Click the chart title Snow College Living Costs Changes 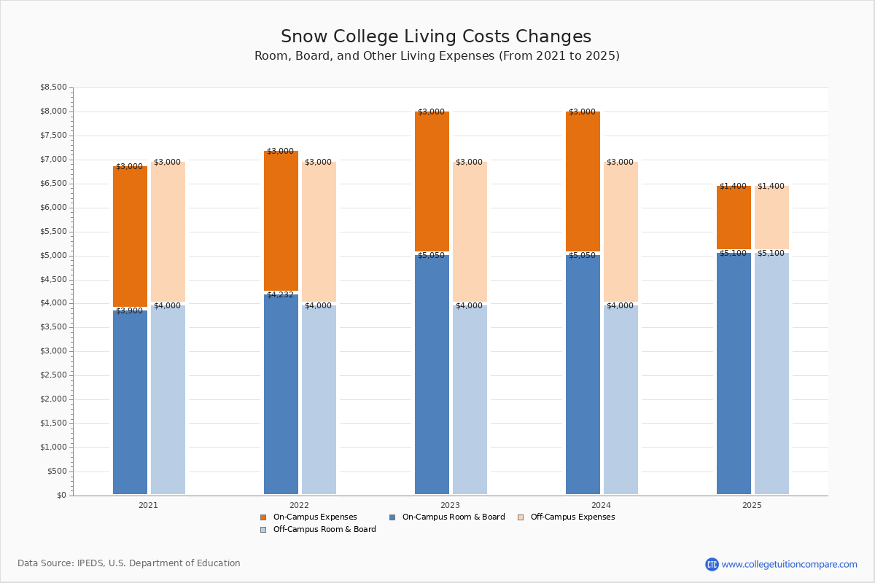coord(436,37)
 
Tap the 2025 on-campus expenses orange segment coord(734,217)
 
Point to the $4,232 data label coord(280,295)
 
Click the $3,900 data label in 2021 coord(129,311)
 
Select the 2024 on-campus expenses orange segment coord(583,181)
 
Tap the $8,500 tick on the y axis coord(53,87)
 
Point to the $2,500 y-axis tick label coord(53,375)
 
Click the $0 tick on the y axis coord(62,496)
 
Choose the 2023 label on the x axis coord(450,505)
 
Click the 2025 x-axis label coord(752,505)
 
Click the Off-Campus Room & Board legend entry coord(324,530)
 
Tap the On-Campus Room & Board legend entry coord(453,517)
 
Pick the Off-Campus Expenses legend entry coord(572,517)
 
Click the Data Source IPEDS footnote coord(129,563)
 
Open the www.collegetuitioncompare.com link coord(789,564)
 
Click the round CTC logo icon coord(712,564)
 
